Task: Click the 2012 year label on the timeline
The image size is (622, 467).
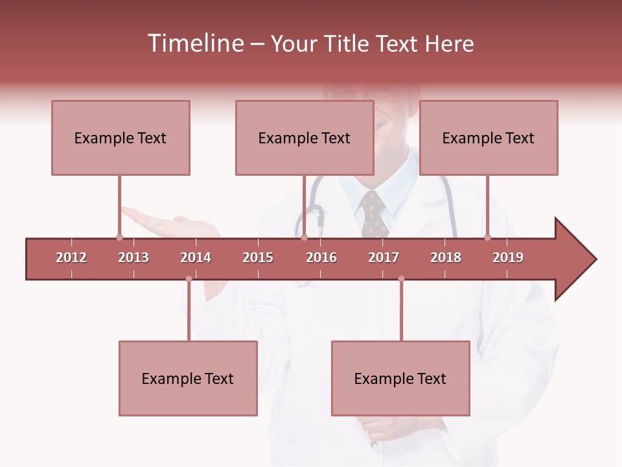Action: (x=71, y=257)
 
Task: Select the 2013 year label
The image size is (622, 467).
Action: (x=133, y=257)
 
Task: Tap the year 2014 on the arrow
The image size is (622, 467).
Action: (x=196, y=257)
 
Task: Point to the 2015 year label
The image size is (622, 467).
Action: (x=258, y=257)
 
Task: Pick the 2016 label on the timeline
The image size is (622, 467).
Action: (x=321, y=257)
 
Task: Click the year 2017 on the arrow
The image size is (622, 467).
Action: (x=384, y=257)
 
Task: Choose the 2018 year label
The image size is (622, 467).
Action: (x=446, y=257)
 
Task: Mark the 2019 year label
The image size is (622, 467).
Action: (x=508, y=257)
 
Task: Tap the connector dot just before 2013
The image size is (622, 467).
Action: (x=119, y=237)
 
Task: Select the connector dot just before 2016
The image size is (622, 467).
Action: (x=304, y=237)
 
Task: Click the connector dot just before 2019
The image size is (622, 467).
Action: (x=487, y=237)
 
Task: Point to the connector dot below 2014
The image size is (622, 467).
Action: (x=189, y=279)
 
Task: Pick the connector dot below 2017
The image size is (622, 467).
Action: (x=401, y=279)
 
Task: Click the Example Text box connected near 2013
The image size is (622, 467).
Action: (x=121, y=138)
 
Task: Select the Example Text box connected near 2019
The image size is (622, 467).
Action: (x=489, y=138)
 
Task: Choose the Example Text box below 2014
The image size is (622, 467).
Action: (x=188, y=378)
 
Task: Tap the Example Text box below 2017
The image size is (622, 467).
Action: (x=400, y=378)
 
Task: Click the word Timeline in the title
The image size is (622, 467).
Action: (x=195, y=43)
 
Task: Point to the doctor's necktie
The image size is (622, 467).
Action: (x=374, y=214)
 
